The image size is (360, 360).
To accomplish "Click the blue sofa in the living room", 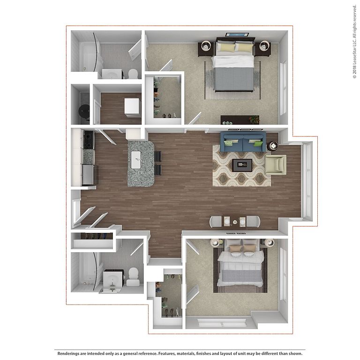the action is pos(243,142).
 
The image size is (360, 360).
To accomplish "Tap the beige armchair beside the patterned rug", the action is pos(276,165).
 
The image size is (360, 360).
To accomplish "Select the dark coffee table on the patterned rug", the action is pos(242,165).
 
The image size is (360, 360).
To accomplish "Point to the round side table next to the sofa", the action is pos(272,146).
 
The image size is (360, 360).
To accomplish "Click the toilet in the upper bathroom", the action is pos(133,74).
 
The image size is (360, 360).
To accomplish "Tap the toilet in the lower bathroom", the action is pos(133,277).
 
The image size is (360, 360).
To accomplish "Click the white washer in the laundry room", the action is pos(132,107).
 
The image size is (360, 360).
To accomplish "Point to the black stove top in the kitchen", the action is pos(89,140).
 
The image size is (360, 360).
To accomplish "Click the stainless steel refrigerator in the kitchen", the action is pos(90,174).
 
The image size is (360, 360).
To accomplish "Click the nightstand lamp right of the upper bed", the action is pos(264,46).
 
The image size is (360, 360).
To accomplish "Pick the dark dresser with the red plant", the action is pos(240,120).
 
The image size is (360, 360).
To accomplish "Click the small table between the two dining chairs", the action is pos(235,222).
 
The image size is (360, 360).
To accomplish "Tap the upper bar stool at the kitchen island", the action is pos(158,156).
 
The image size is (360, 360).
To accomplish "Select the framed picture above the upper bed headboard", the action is pos(237,35).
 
